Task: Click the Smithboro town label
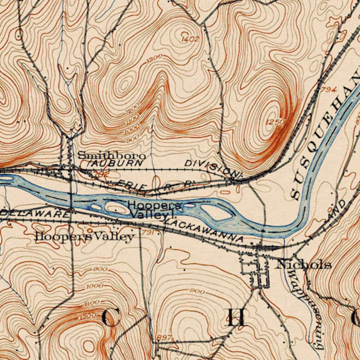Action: coord(111,155)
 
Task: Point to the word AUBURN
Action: coord(117,163)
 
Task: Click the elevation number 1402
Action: coord(190,39)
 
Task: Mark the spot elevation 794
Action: coord(329,90)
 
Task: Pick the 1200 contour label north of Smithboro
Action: coord(132,112)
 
